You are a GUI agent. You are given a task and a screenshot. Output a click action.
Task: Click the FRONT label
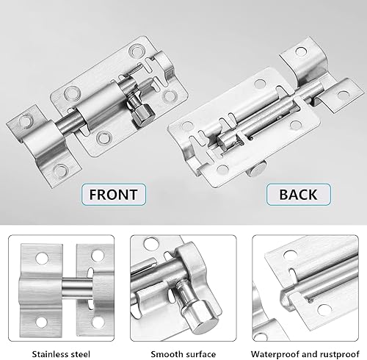114,195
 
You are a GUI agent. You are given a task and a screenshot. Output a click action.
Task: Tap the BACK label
299,195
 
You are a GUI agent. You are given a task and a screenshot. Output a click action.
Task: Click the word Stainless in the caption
50,354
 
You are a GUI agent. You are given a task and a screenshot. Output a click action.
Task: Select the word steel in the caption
80,354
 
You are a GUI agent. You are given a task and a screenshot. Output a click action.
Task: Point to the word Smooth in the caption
165,354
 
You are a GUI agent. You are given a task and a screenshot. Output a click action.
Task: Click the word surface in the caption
200,354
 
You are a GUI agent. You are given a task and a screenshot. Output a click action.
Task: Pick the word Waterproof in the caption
275,354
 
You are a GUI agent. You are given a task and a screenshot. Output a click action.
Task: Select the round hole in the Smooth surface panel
151,244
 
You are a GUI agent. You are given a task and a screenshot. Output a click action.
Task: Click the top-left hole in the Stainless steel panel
42,259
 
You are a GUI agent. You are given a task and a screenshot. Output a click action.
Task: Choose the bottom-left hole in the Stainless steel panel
41,322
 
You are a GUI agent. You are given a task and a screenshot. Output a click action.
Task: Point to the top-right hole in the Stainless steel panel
98,256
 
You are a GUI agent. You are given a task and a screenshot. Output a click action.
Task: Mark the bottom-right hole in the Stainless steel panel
98,322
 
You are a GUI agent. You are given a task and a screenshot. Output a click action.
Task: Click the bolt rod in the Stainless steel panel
77,290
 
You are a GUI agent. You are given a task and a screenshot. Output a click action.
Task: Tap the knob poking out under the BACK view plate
255,170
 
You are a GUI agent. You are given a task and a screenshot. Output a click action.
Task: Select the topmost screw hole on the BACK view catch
301,51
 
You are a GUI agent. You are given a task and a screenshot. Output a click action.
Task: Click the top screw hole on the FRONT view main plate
135,51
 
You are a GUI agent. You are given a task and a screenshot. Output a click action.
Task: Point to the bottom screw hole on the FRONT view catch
60,170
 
